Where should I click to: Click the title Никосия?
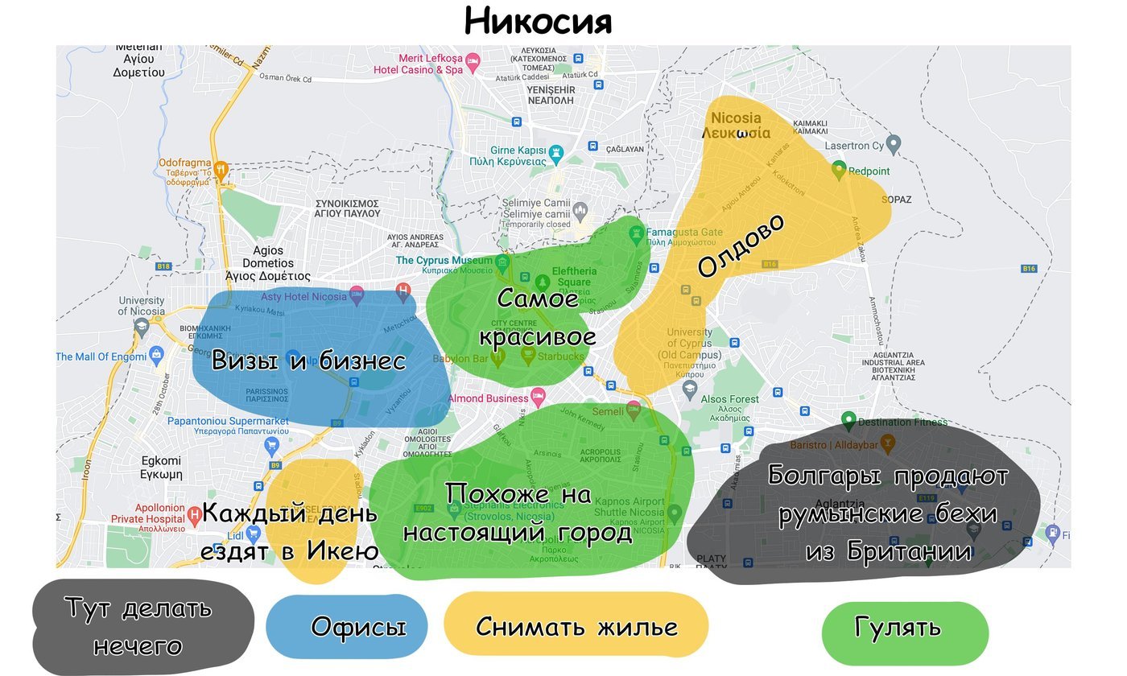click(538, 22)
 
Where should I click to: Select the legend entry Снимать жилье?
click(576, 626)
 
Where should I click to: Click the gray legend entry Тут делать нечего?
click(138, 626)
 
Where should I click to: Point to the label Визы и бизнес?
click(308, 361)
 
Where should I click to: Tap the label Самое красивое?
click(538, 317)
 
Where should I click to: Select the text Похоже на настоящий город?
click(518, 513)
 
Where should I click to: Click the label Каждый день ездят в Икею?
click(290, 532)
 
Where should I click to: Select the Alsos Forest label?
click(729, 399)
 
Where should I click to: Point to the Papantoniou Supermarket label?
click(228, 421)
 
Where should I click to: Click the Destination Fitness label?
click(902, 422)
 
